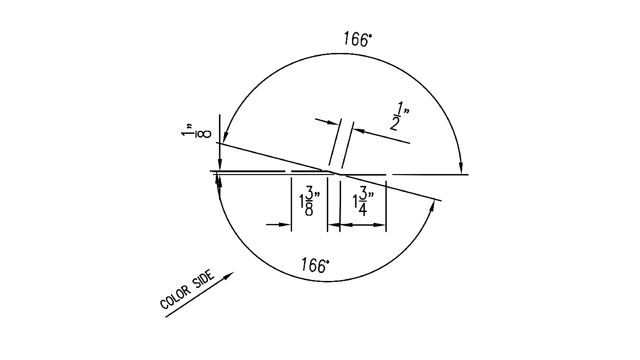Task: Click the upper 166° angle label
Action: point(358,39)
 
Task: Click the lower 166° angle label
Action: point(315,265)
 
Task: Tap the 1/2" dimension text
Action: point(397,116)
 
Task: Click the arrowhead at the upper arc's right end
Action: point(461,169)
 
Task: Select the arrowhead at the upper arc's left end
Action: point(225,139)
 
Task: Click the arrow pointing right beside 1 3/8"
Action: point(278,224)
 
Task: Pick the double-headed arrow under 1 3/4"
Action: point(358,225)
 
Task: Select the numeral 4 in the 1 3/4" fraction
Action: point(363,211)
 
